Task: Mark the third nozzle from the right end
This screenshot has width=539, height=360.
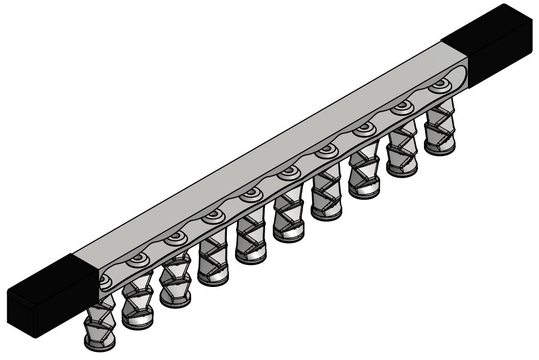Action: (x=364, y=172)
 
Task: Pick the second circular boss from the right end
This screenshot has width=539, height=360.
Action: (x=402, y=108)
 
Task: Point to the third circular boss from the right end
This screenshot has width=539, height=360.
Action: (x=364, y=129)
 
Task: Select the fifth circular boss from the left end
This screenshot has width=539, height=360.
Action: (x=251, y=194)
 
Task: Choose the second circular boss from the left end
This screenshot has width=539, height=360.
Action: (x=138, y=259)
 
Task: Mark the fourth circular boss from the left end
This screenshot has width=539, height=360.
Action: (x=213, y=216)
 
